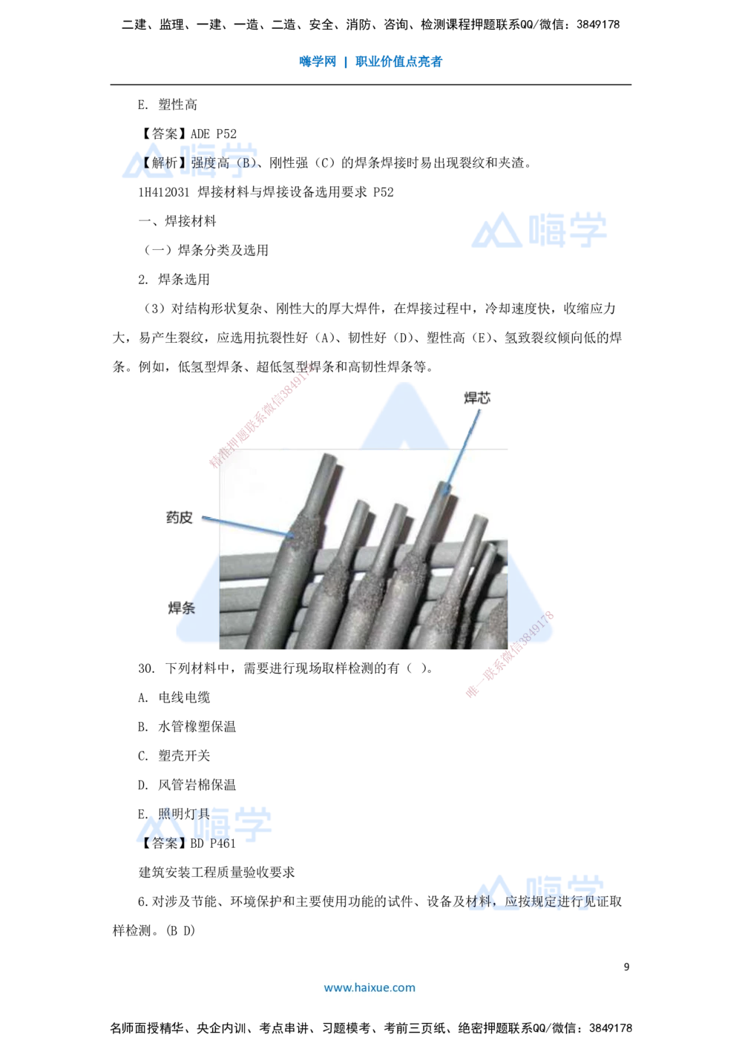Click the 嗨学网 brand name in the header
click(x=318, y=62)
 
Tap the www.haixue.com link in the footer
click(x=370, y=987)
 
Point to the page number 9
click(x=626, y=967)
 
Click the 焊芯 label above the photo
click(x=477, y=398)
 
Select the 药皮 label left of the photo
click(x=180, y=517)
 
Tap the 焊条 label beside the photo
click(x=181, y=608)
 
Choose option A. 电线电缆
click(x=174, y=697)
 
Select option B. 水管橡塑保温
click(x=187, y=726)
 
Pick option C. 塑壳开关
click(x=174, y=755)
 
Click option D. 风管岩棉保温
click(x=187, y=784)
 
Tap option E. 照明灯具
click(x=174, y=813)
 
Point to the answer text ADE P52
click(x=214, y=134)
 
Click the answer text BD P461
click(x=213, y=843)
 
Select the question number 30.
click(x=146, y=668)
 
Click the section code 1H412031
click(x=164, y=192)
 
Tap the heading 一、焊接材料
click(x=177, y=221)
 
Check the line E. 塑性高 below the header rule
click(x=167, y=105)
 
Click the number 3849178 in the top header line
click(x=598, y=24)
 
